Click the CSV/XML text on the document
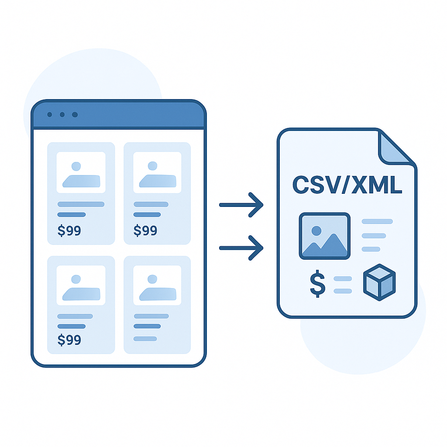tap(347, 185)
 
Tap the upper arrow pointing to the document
tap(241, 205)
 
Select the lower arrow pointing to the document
tap(241, 248)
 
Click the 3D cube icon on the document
tap(379, 282)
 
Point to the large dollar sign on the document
tap(318, 284)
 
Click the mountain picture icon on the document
tap(325, 236)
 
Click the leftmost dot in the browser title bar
tap(50, 115)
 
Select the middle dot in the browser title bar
tap(62, 115)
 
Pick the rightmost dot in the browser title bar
tap(75, 115)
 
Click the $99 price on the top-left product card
tap(69, 230)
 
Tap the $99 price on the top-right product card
tap(145, 230)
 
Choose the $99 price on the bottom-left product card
tap(69, 340)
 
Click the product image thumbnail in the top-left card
tap(81, 172)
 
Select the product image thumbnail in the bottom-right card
tap(157, 285)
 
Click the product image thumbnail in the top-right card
tap(157, 172)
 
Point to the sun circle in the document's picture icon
tap(316, 230)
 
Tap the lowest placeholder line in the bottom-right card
tap(145, 339)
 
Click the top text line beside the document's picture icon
tap(377, 221)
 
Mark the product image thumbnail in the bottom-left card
tap(81, 285)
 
